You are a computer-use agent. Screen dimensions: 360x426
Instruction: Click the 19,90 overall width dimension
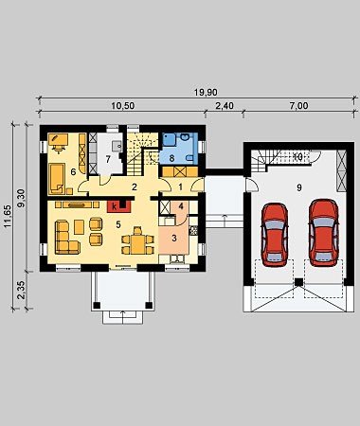(206, 93)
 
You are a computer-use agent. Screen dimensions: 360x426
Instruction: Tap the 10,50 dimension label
(122, 106)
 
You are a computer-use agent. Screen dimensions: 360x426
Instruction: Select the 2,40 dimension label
(225, 106)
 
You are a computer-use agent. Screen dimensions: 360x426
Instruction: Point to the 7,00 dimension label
(298, 106)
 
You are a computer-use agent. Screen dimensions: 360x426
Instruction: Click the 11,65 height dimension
(8, 216)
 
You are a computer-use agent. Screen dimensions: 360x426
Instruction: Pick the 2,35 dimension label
(22, 290)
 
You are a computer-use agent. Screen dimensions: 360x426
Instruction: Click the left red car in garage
(275, 233)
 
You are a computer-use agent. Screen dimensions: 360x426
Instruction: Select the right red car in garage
(324, 232)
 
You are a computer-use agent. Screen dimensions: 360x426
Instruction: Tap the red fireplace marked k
(118, 206)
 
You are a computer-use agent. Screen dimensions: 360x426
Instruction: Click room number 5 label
(118, 224)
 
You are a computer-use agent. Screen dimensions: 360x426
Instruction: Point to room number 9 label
(298, 187)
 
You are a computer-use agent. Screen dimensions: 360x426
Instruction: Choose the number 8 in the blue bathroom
(171, 158)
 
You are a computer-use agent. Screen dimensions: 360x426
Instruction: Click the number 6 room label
(73, 172)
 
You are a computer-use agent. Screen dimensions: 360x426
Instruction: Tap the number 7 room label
(108, 160)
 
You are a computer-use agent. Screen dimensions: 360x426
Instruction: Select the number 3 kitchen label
(174, 239)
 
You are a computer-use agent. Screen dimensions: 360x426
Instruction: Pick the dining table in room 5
(137, 242)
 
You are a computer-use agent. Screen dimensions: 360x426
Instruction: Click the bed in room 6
(57, 178)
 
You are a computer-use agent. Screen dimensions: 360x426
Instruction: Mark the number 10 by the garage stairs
(297, 156)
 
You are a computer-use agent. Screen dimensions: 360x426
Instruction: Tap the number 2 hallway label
(135, 186)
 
